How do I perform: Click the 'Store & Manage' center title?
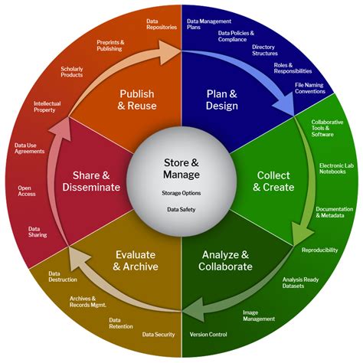click(181, 168)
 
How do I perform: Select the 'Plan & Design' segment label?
click(222, 100)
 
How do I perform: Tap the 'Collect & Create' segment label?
click(273, 181)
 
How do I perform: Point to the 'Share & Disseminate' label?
click(91, 181)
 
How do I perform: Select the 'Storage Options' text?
click(181, 193)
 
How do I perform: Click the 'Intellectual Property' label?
click(47, 106)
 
